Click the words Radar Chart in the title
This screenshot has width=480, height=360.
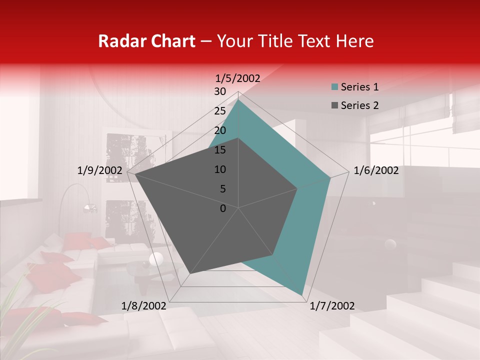(146, 41)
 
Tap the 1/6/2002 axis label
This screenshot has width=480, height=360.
(376, 170)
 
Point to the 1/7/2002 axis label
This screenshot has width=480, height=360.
(332, 306)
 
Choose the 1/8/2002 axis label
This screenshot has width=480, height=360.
(144, 306)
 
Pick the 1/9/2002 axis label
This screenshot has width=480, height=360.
(100, 170)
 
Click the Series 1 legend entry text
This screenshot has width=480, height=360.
(359, 87)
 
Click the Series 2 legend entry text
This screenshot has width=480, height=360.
(359, 105)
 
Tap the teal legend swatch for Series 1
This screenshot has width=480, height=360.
(335, 87)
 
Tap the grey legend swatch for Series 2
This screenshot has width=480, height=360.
(335, 105)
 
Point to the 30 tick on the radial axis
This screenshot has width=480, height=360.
(220, 91)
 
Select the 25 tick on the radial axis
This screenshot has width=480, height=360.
(220, 111)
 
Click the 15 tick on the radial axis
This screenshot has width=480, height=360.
(220, 150)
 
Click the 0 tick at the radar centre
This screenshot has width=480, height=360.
(223, 208)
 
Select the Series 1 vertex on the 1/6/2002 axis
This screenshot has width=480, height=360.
(330, 177)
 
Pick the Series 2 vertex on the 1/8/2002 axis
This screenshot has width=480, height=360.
(190, 273)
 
